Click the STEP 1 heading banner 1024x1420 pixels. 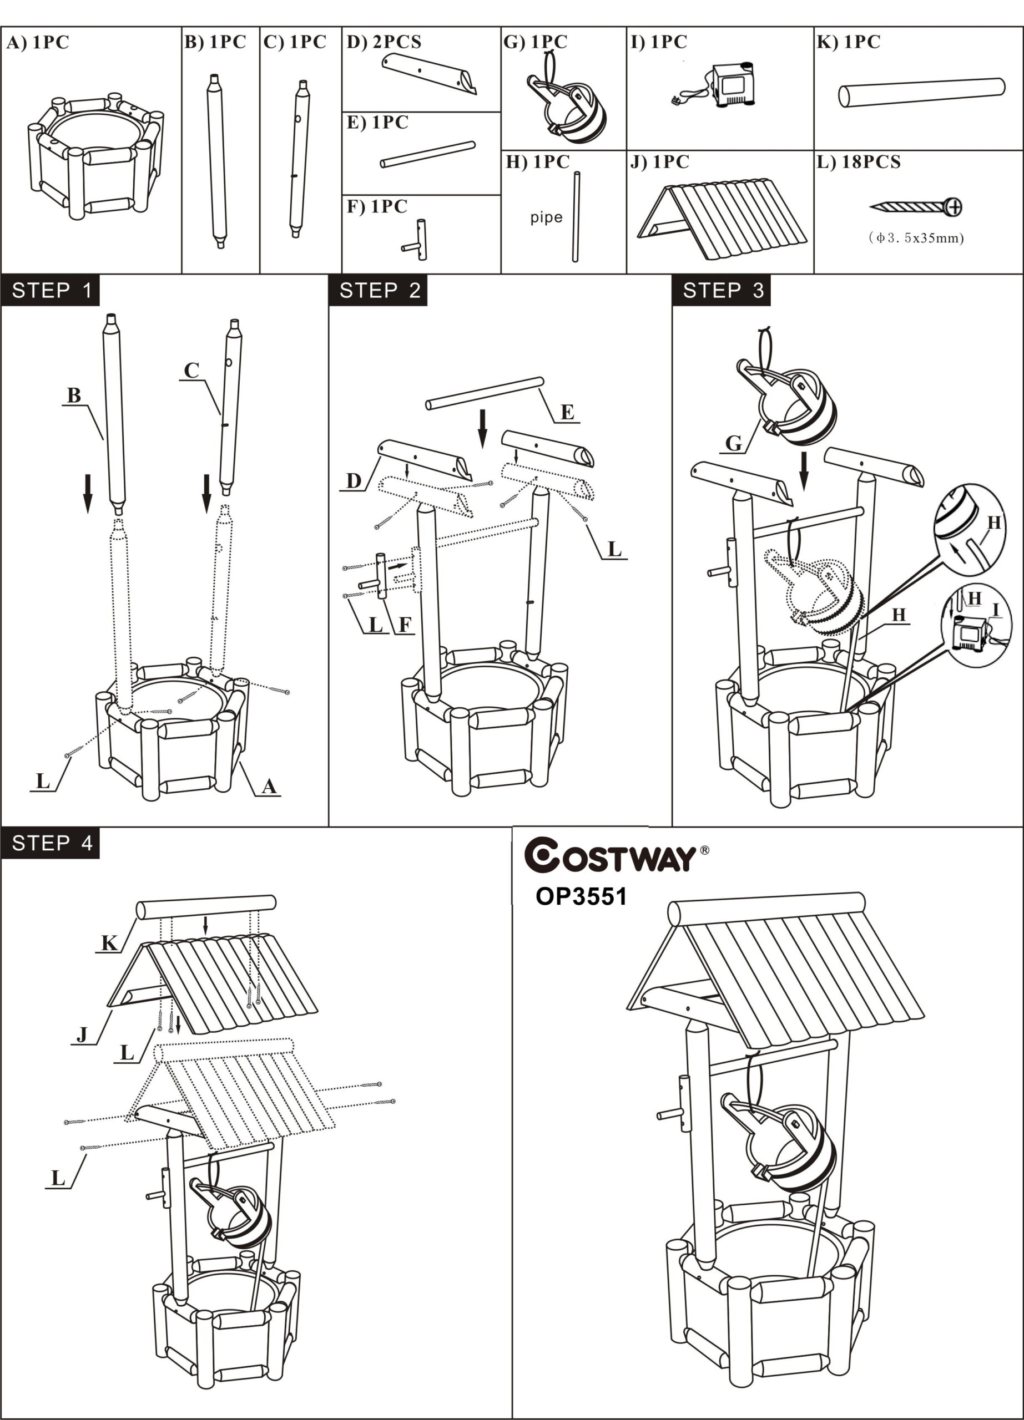click(x=50, y=291)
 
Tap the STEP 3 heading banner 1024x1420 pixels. click(x=721, y=291)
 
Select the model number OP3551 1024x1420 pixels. click(x=581, y=896)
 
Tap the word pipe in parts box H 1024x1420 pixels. click(x=546, y=217)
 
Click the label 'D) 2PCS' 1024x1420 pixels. click(x=384, y=42)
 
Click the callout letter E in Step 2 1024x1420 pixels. click(x=567, y=412)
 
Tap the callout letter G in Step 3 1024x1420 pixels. click(x=733, y=443)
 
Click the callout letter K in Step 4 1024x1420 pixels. click(x=109, y=943)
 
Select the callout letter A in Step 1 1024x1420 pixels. click(x=269, y=787)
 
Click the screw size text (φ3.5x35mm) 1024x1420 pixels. click(x=916, y=238)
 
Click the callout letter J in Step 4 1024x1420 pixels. click(x=82, y=1035)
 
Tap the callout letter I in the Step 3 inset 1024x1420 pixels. click(x=995, y=610)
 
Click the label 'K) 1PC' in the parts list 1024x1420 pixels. click(x=849, y=42)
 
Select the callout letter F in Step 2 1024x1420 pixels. click(x=405, y=624)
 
